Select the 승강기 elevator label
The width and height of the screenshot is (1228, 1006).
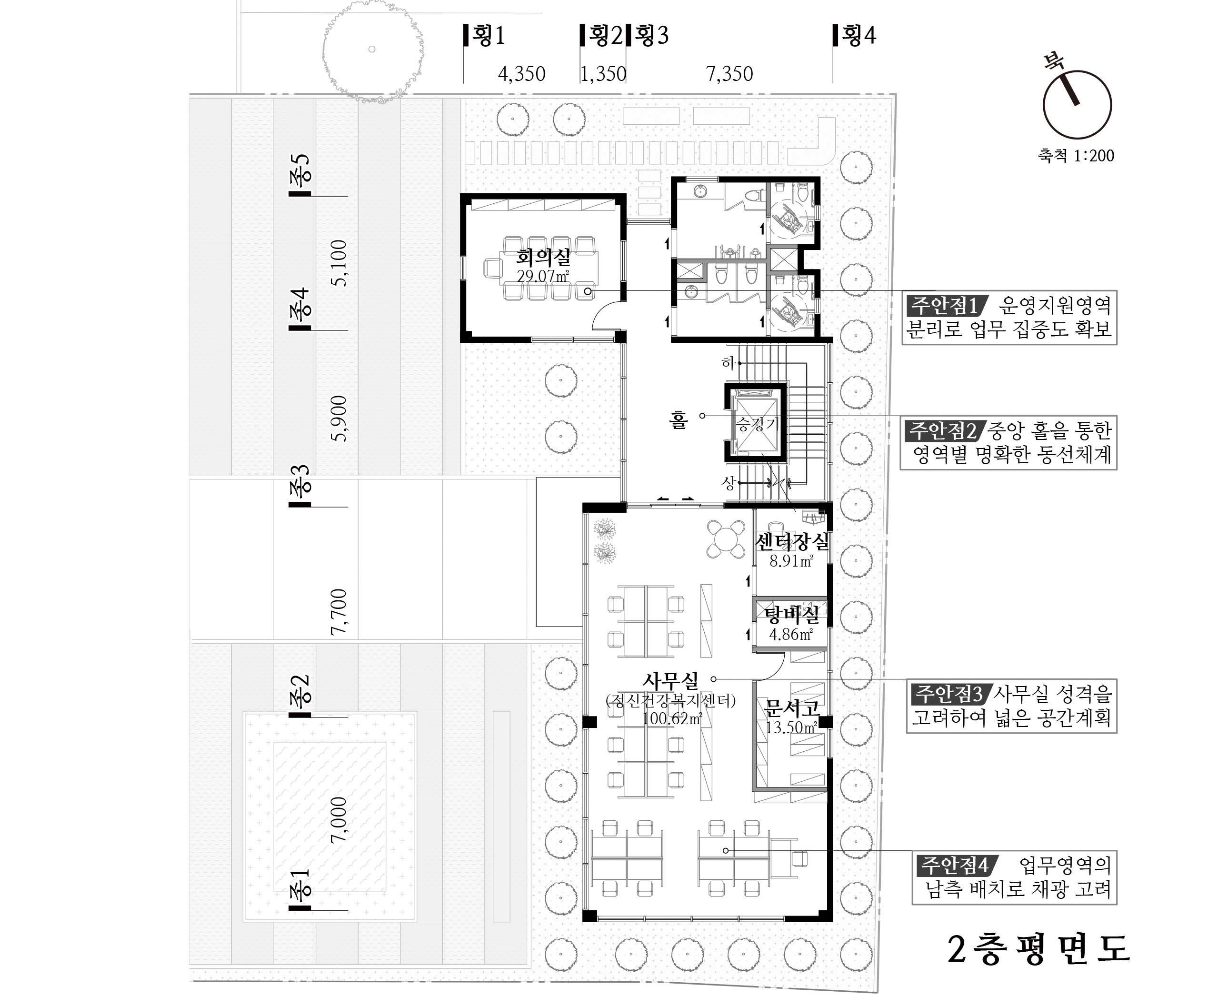(x=756, y=424)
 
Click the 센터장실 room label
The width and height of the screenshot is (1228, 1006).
(x=792, y=542)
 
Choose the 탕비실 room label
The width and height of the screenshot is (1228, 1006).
(x=792, y=615)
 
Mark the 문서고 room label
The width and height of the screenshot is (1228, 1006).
(x=792, y=708)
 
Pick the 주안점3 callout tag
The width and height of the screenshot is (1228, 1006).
(x=948, y=694)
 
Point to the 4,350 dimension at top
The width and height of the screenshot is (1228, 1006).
(x=521, y=74)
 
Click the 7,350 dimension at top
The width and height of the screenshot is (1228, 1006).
(x=729, y=74)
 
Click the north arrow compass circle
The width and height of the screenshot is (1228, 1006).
(x=1078, y=104)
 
